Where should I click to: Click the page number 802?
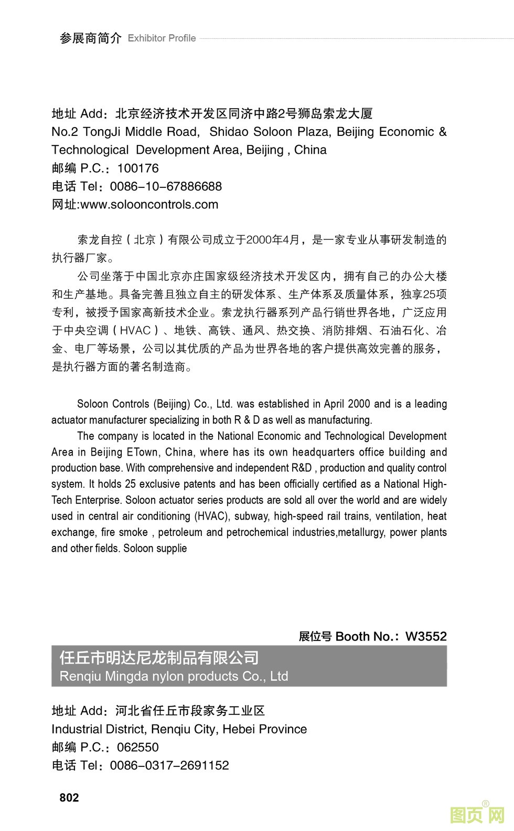(69, 797)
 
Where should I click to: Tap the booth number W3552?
(426, 636)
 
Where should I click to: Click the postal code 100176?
(137, 168)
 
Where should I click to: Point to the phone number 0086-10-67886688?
(166, 186)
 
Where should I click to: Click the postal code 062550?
(137, 747)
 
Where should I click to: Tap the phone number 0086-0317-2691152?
(169, 765)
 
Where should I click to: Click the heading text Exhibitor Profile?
(162, 38)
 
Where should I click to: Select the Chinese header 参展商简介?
(90, 38)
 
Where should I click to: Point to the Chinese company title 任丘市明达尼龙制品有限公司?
(159, 658)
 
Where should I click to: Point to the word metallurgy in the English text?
(361, 532)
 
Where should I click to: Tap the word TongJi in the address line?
(102, 132)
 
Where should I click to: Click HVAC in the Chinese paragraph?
(135, 331)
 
